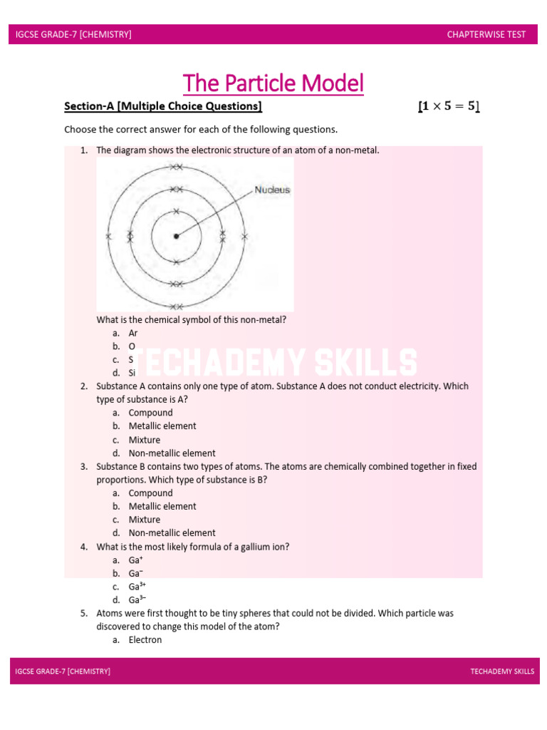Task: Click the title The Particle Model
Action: [x=273, y=83]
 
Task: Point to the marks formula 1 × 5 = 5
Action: [x=448, y=107]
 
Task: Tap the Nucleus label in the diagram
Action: [x=272, y=190]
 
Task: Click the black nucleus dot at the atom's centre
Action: [x=176, y=236]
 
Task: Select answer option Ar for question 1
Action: [x=133, y=333]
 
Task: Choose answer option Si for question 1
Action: [x=132, y=373]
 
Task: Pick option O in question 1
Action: [x=132, y=346]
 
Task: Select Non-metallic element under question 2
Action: [x=172, y=453]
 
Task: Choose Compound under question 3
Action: [x=150, y=493]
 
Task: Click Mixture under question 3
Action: [x=144, y=520]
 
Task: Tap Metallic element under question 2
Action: [x=162, y=426]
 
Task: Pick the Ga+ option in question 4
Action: [x=135, y=560]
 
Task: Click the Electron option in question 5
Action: [x=145, y=640]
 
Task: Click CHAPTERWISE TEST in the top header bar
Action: [x=486, y=34]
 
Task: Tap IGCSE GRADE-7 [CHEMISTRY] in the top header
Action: [x=73, y=34]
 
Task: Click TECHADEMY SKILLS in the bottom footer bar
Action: [x=502, y=672]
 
